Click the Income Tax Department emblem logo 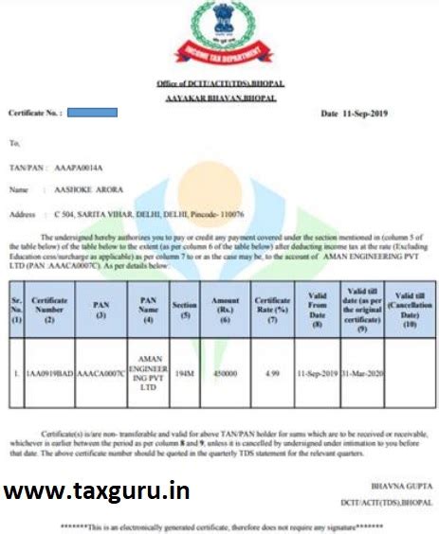click(x=220, y=37)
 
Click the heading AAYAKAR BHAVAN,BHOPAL click(x=220, y=98)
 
